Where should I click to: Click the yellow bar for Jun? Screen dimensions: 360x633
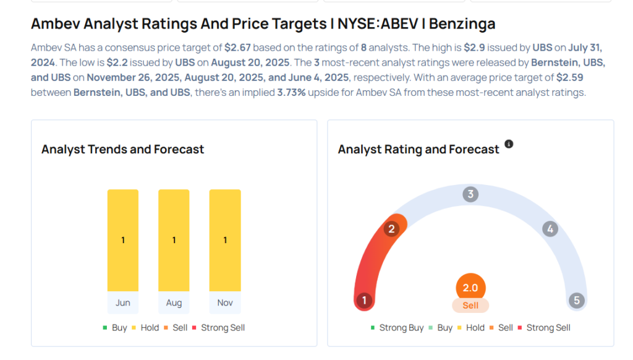click(123, 240)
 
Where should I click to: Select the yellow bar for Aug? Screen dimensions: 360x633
click(174, 240)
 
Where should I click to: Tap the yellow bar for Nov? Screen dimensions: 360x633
click(225, 240)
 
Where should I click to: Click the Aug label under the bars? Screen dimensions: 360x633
click(174, 302)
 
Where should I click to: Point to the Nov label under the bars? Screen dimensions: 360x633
click(225, 302)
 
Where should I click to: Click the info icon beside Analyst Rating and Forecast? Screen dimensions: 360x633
click(509, 144)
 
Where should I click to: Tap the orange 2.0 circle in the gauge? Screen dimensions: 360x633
click(470, 288)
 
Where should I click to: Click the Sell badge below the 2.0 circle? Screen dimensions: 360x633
click(470, 306)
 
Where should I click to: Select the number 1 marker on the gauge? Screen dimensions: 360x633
click(365, 301)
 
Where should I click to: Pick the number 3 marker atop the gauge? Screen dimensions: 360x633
click(470, 195)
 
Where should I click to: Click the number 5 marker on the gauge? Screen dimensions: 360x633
click(576, 301)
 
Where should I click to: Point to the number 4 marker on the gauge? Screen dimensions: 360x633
click(550, 229)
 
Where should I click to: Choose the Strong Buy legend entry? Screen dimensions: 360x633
click(397, 328)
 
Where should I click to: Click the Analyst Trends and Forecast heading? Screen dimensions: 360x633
click(122, 149)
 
